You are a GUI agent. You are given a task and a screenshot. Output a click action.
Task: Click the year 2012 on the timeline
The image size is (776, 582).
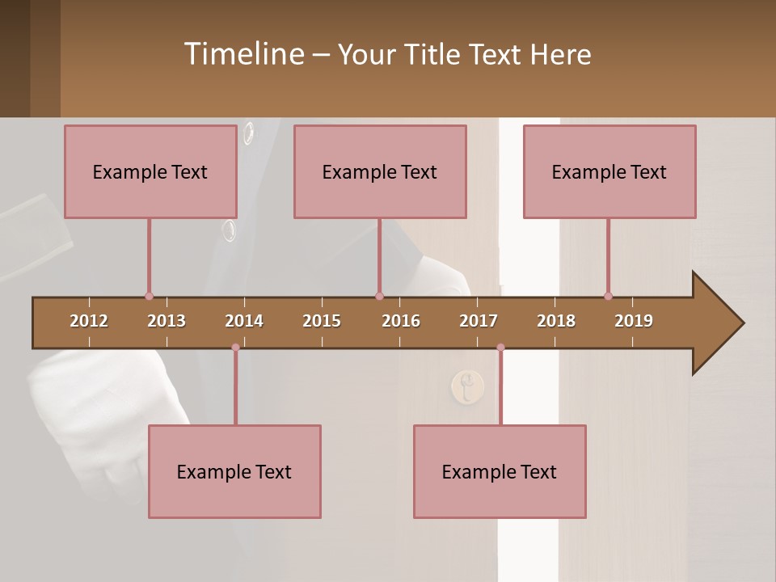[89, 321]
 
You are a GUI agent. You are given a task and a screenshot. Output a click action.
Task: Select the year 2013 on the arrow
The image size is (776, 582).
[167, 321]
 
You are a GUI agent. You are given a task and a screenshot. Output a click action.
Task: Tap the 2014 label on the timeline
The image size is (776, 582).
[244, 321]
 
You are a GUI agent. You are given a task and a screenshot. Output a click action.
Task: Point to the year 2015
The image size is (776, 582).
[322, 321]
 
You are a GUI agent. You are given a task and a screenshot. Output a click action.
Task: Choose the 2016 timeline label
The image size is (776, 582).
[401, 321]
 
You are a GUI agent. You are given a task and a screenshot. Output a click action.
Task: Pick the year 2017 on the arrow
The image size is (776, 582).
[479, 321]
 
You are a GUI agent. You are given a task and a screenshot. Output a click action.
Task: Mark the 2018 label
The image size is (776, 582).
[556, 321]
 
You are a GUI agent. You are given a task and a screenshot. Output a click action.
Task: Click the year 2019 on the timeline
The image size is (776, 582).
[634, 321]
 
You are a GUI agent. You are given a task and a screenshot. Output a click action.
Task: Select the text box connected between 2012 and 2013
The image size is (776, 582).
[150, 172]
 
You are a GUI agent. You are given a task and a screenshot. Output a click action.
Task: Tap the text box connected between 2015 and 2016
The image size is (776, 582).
[380, 172]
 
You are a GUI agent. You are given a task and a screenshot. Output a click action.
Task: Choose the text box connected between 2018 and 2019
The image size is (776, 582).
[609, 172]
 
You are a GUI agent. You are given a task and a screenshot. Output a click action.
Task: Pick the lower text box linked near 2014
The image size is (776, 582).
[234, 472]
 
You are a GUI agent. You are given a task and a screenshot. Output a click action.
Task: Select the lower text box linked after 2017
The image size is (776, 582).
[500, 472]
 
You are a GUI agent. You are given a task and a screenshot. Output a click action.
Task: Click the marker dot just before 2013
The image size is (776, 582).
[149, 296]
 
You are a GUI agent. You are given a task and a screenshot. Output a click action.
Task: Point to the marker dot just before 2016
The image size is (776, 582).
[379, 296]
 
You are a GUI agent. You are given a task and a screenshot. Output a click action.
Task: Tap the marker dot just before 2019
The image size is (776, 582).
[608, 296]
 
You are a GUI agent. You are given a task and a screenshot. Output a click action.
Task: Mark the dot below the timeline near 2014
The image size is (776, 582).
[235, 348]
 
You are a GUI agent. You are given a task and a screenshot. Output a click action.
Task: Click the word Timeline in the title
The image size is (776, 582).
[243, 54]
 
